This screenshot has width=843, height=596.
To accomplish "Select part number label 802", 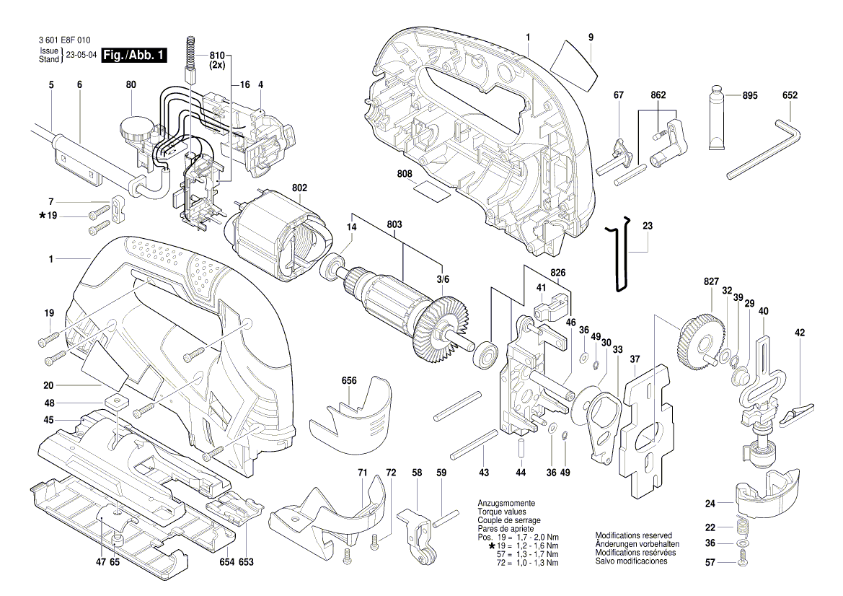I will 300,188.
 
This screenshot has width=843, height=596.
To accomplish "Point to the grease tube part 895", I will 718,120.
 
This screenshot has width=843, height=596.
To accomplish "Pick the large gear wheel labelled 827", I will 701,336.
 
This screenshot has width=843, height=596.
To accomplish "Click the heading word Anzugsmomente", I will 506,502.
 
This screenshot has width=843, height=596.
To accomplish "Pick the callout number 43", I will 483,472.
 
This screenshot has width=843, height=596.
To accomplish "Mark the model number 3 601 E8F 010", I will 61,41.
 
